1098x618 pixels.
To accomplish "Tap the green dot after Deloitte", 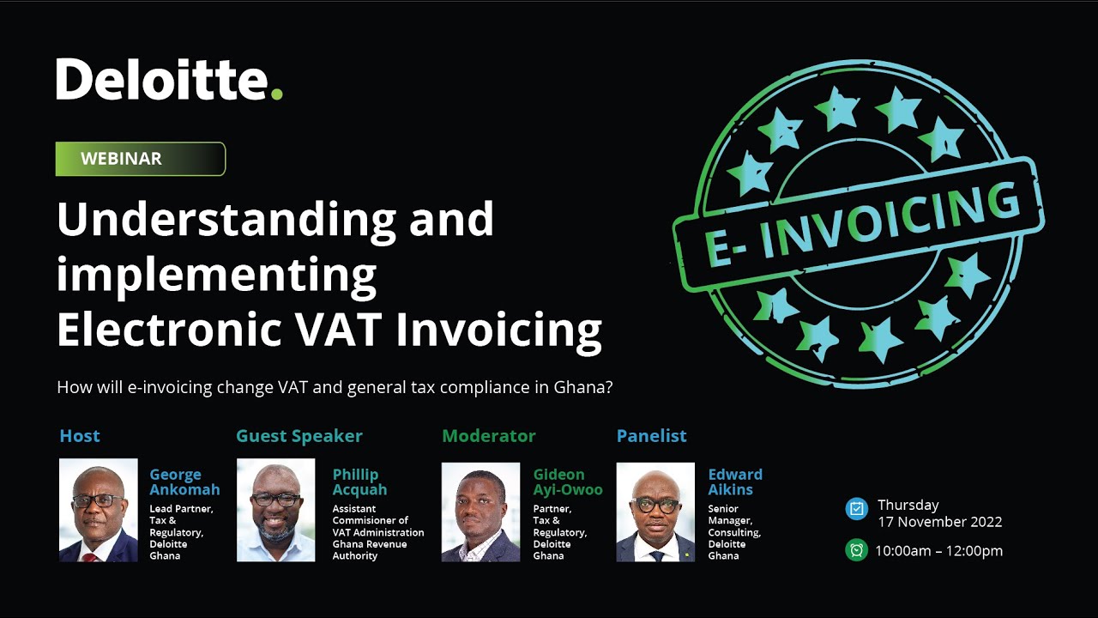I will [276, 93].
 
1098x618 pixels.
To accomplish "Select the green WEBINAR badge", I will [140, 159].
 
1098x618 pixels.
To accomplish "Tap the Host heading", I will [80, 436].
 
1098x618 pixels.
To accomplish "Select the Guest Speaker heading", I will [299, 436].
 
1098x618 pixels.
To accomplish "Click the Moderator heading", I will [489, 436].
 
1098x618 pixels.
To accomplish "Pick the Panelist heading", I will [652, 436].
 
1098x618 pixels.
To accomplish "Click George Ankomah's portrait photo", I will [98, 511].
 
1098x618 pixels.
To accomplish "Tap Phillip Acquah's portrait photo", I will [275, 511].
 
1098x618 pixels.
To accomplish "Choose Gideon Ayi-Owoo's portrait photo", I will [480, 512].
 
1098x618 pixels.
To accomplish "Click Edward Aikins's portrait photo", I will [655, 512].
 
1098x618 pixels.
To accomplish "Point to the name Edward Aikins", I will [735, 482].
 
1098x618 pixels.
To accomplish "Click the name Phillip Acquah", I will [359, 482].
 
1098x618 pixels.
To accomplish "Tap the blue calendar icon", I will [856, 509].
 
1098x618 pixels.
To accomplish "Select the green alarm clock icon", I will [856, 550].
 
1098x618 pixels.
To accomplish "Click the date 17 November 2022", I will [939, 522].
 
